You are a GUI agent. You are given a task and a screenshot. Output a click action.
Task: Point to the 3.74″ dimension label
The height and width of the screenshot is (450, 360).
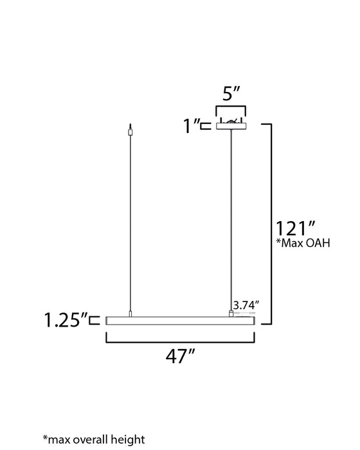[248, 305]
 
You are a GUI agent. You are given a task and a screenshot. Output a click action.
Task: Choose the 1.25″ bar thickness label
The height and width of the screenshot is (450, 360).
[65, 319]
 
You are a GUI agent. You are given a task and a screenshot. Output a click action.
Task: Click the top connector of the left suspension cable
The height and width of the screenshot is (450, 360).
[130, 130]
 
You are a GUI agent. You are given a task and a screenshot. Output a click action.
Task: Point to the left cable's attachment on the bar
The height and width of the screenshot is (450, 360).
[130, 314]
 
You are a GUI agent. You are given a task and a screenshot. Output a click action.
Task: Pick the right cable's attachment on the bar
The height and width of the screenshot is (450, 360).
[231, 313]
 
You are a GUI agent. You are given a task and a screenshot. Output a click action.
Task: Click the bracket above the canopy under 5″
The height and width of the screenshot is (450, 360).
[231, 110]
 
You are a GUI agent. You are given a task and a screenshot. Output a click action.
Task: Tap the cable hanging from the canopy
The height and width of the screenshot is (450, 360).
[231, 219]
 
